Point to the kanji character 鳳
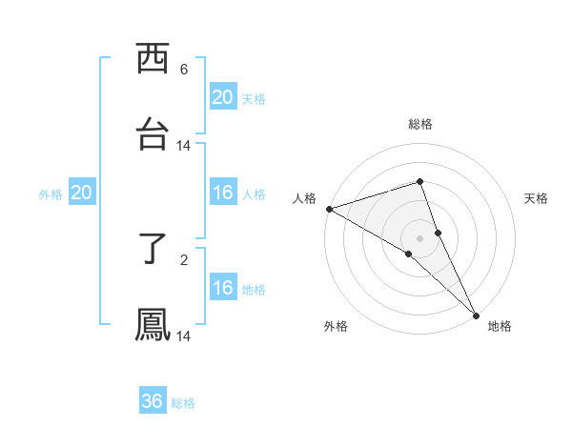pyautogui.click(x=153, y=324)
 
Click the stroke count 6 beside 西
pyautogui.click(x=184, y=70)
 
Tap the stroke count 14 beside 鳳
pyautogui.click(x=184, y=336)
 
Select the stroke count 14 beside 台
pyautogui.click(x=184, y=146)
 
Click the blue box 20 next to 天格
pyautogui.click(x=222, y=97)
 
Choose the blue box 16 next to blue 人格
pyautogui.click(x=222, y=193)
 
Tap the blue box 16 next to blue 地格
pyautogui.click(x=222, y=288)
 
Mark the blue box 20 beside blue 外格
pyautogui.click(x=81, y=193)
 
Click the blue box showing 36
pyautogui.click(x=152, y=401)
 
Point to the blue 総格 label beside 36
pyautogui.click(x=184, y=403)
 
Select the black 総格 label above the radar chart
pyautogui.click(x=420, y=124)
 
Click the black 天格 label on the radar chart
pyautogui.click(x=537, y=198)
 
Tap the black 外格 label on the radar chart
pyautogui.click(x=336, y=326)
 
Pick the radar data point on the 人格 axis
pyautogui.click(x=329, y=209)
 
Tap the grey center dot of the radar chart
pyautogui.click(x=420, y=237)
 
